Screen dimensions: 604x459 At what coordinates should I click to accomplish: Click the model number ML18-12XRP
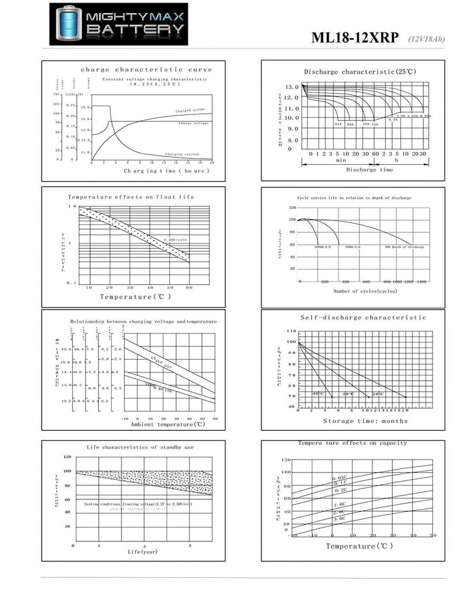(355, 37)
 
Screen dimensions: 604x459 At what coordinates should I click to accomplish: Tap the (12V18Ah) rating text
(426, 39)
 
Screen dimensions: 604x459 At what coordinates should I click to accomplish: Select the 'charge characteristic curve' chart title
(146, 70)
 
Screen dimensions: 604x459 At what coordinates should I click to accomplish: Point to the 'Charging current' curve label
(182, 154)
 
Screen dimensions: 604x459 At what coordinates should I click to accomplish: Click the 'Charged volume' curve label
(190, 110)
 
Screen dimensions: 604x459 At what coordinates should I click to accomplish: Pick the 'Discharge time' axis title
(369, 170)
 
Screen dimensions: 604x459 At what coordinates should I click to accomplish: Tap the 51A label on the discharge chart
(338, 124)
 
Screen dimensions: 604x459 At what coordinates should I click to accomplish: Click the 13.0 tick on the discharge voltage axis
(292, 87)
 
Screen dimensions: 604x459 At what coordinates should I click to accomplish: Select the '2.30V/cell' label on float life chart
(175, 240)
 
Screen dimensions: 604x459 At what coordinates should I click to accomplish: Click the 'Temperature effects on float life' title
(131, 197)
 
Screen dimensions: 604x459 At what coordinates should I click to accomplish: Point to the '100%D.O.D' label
(322, 247)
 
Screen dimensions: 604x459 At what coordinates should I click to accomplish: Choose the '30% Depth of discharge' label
(404, 247)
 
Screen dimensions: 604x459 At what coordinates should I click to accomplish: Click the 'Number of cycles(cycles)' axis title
(365, 291)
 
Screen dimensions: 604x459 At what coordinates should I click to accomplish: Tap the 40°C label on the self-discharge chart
(318, 393)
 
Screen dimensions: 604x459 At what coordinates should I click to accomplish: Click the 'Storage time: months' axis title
(365, 421)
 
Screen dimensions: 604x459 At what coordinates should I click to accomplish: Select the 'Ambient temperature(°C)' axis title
(168, 424)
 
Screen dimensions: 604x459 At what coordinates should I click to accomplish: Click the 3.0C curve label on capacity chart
(339, 519)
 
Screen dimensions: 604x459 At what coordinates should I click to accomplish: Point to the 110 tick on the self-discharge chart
(291, 331)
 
